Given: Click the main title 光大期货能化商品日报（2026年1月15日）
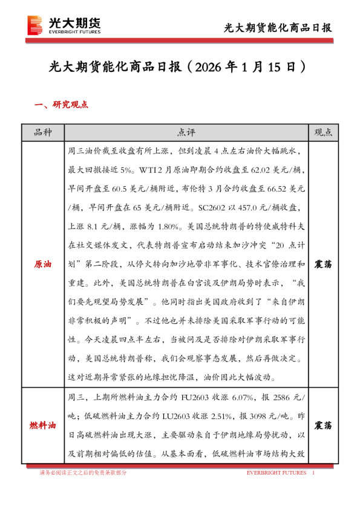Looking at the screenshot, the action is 180,66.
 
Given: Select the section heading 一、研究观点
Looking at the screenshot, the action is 62,105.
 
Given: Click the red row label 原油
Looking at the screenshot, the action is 42,265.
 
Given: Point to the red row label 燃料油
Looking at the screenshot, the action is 42,425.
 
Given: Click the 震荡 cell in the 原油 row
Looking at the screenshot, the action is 323,265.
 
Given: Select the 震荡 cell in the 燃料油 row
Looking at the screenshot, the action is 323,425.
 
